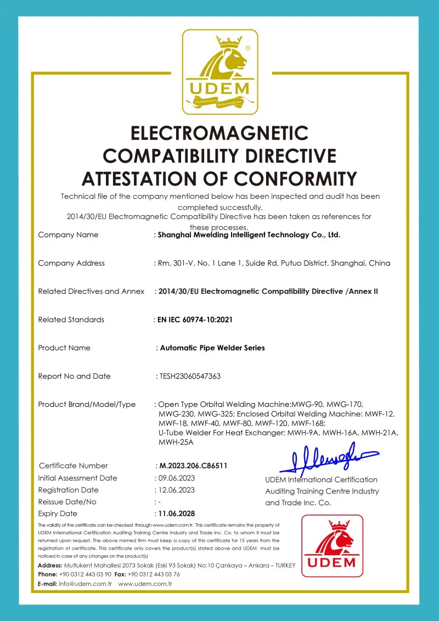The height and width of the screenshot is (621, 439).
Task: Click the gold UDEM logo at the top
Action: click(219, 71)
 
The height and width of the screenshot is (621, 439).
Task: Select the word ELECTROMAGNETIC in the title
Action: click(219, 133)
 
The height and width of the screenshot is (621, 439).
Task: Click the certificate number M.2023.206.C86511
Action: click(193, 466)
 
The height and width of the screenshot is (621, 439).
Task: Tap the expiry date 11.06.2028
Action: click(176, 514)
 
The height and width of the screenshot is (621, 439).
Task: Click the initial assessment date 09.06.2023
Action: click(176, 478)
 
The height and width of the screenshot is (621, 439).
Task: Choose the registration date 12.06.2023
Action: click(176, 490)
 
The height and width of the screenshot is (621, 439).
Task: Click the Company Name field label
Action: click(68, 235)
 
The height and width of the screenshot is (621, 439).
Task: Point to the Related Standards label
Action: click(71, 320)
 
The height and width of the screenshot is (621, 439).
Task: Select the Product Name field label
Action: click(64, 348)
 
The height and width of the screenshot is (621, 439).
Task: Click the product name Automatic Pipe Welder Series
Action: click(212, 348)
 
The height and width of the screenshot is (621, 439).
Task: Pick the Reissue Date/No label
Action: click(67, 502)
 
